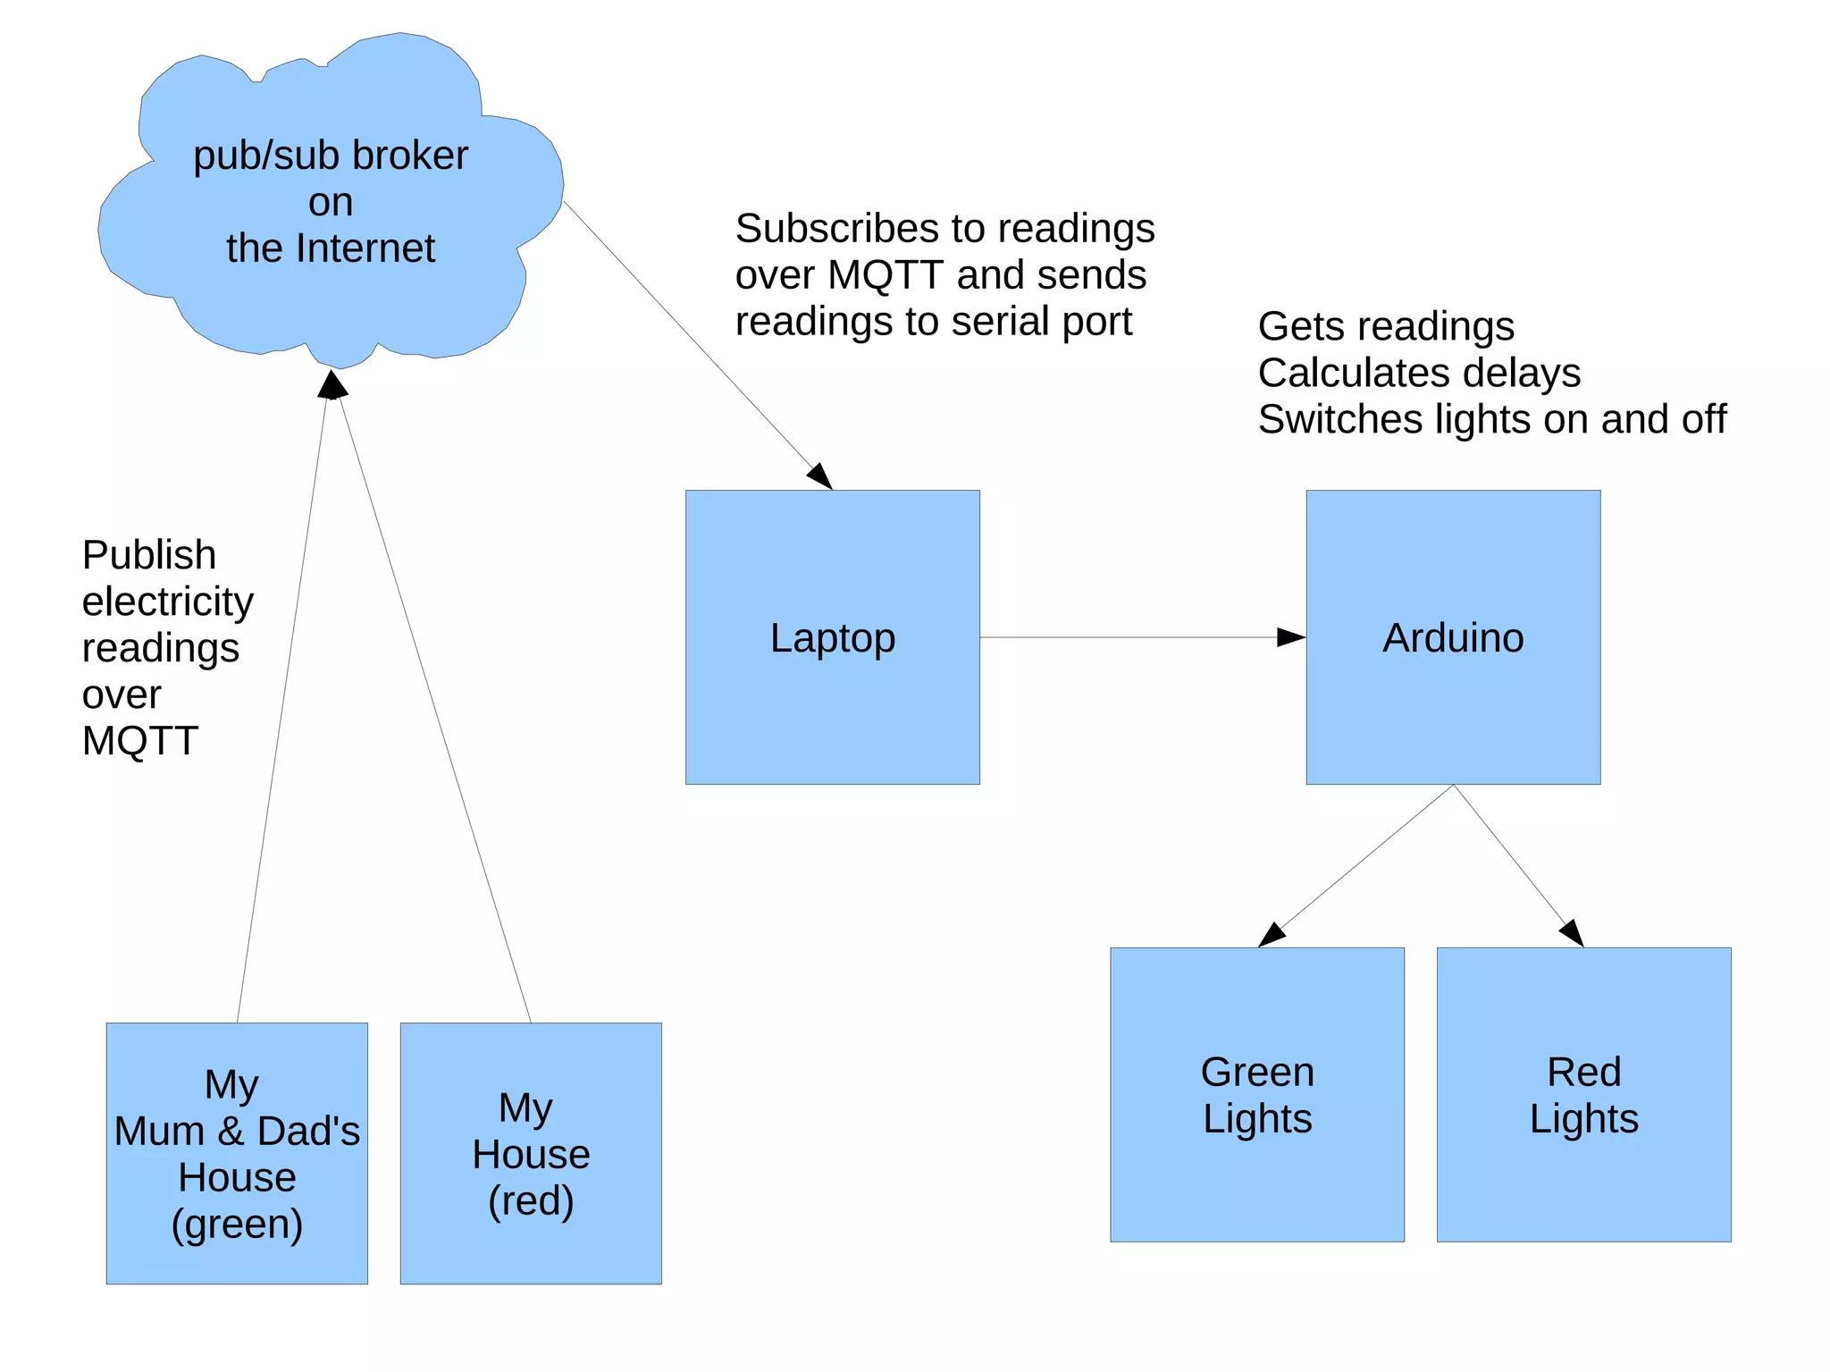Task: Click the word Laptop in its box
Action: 832,638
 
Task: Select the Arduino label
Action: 1453,638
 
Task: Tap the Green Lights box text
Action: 1257,1095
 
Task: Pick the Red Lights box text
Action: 1583,1095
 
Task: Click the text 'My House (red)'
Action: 531,1154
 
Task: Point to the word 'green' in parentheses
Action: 237,1224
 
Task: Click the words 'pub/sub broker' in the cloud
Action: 331,156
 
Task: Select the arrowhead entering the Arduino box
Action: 1291,637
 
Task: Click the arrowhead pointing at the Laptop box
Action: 820,476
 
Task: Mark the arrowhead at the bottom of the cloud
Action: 332,384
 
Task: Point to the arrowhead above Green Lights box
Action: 1271,936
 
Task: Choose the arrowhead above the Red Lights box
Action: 1573,932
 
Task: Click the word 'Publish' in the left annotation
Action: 149,555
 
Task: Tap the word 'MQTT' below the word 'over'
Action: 140,741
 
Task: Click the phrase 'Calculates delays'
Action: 1419,373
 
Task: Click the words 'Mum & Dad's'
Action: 237,1132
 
